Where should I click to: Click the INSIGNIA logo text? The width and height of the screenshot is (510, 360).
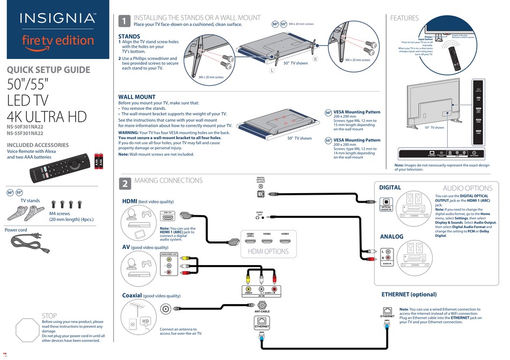(x=57, y=19)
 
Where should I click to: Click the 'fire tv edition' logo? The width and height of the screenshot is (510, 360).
(x=57, y=40)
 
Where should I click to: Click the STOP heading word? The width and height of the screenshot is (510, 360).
(x=49, y=316)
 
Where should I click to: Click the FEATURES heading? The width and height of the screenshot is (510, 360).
(x=404, y=18)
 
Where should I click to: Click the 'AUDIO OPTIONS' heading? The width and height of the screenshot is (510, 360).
(x=467, y=188)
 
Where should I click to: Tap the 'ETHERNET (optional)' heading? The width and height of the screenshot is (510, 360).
(x=409, y=294)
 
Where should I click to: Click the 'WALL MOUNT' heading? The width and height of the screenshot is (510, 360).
(x=137, y=97)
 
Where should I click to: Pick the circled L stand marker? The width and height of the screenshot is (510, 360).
(x=272, y=71)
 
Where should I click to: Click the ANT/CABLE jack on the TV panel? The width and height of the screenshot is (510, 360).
(x=261, y=306)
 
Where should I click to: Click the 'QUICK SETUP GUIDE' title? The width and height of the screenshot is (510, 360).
(x=48, y=70)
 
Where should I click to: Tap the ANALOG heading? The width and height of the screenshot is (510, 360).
(x=391, y=237)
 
